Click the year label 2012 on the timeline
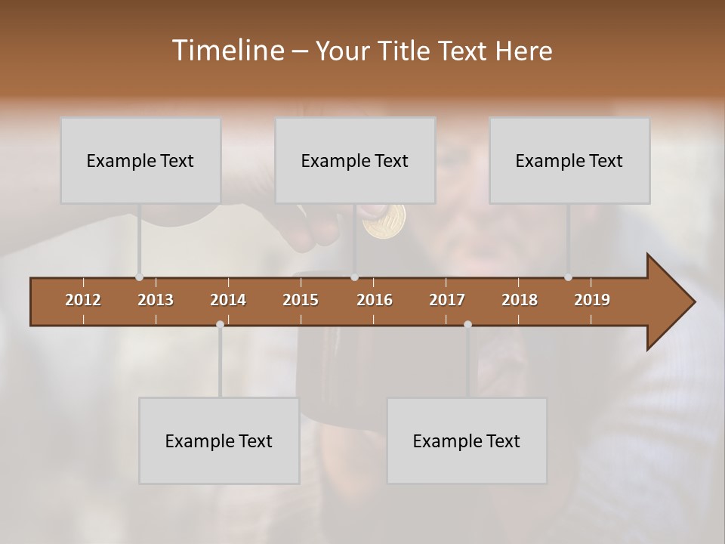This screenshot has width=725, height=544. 83,300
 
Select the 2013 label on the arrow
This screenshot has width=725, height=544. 156,300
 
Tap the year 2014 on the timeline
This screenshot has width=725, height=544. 228,300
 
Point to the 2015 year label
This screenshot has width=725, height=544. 301,300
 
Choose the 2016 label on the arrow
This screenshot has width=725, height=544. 375,300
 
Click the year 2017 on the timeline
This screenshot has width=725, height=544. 447,300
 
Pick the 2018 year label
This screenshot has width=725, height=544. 520,300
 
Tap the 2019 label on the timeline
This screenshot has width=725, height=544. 592,300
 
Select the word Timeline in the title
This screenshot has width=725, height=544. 227,51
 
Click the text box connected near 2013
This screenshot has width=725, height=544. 140,160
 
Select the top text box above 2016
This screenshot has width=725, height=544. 355,160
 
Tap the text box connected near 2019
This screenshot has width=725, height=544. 569,160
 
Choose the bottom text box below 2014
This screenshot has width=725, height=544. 219,440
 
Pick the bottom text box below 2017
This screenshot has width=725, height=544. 467,440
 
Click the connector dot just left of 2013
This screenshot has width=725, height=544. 139,277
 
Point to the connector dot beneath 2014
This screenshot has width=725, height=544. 220,324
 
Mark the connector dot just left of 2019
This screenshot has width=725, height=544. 568,277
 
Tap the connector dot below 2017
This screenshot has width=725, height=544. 467,324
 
